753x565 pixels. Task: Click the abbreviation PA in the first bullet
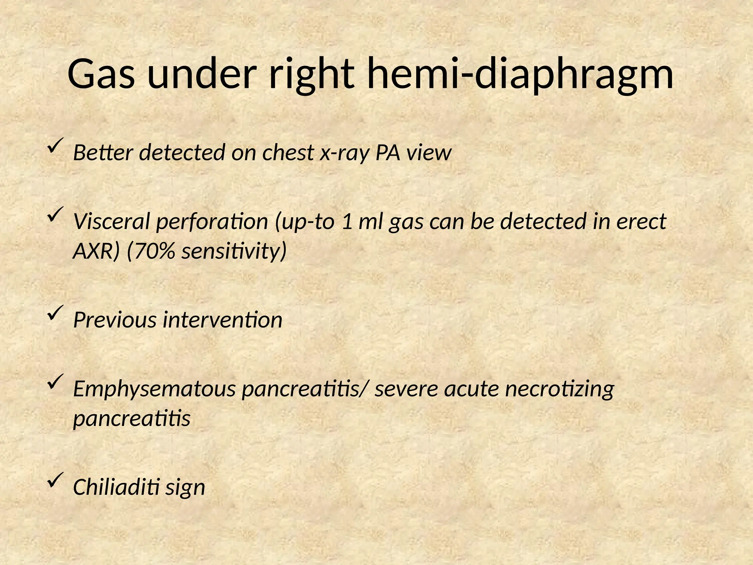tap(388, 152)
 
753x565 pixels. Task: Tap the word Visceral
tap(112, 221)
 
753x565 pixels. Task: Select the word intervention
tap(222, 320)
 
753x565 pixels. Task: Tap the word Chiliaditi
tap(116, 487)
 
